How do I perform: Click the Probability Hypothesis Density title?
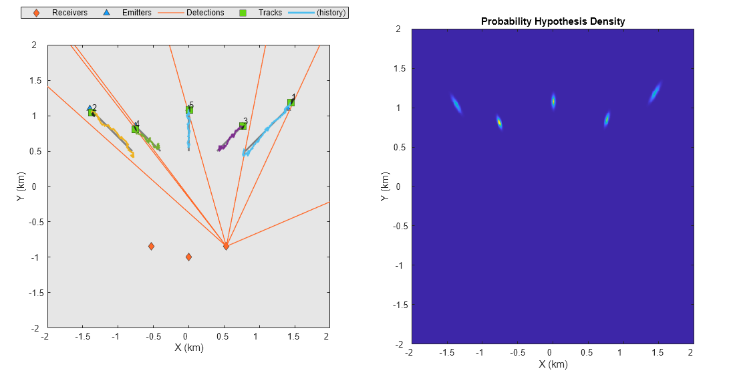(553, 21)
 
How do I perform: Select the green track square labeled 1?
(291, 102)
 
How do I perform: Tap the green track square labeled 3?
(243, 126)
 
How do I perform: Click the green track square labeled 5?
(189, 110)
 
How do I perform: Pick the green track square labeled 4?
(135, 128)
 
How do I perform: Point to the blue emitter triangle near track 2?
(90, 108)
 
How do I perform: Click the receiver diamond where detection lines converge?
(226, 246)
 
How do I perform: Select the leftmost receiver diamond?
(151, 246)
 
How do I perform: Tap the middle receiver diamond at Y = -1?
(188, 257)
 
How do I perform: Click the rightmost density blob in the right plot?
(655, 92)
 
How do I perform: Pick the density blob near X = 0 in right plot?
(553, 101)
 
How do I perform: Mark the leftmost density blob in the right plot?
(456, 104)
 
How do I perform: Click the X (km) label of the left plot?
(188, 348)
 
